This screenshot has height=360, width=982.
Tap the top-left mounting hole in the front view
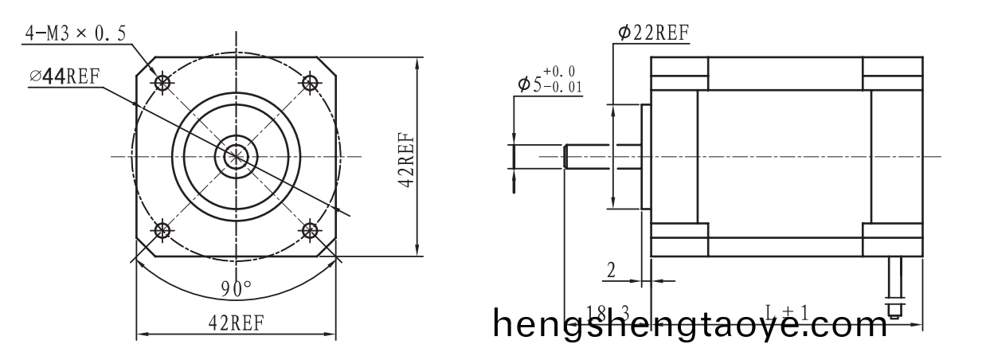click(x=163, y=82)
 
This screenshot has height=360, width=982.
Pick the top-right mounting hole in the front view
click(x=310, y=82)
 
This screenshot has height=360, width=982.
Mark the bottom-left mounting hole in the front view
click(x=163, y=230)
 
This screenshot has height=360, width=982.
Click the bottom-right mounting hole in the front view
click(x=310, y=230)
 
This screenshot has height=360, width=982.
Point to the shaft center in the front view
click(x=236, y=157)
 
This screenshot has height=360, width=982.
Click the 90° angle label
click(x=236, y=288)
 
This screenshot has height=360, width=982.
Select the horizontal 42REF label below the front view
click(x=236, y=323)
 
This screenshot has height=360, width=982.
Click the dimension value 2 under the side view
click(x=611, y=270)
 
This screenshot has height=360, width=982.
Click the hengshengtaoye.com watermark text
click(x=689, y=324)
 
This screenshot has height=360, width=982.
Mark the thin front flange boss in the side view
click(x=646, y=157)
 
